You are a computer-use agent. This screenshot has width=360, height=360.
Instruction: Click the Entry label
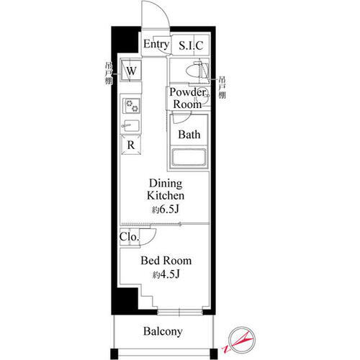coord(156,44)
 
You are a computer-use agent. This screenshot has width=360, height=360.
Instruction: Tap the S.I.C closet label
coord(191,45)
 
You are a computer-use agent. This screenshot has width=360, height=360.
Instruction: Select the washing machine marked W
coord(131,71)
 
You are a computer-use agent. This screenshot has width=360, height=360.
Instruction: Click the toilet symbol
coord(197,70)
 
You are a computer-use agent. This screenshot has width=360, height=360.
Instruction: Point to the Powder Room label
coord(187,98)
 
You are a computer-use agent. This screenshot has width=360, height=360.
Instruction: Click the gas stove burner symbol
coord(132,106)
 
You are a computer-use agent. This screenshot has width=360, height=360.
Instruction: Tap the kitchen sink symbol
coord(131,125)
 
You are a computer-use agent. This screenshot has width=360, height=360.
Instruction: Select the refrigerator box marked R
coord(131,145)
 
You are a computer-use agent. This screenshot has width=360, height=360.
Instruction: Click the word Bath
coord(189,135)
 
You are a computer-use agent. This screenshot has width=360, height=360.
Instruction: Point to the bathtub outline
coord(189,158)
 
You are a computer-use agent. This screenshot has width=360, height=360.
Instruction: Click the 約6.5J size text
coord(166,210)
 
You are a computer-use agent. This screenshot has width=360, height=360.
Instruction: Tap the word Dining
coord(166,184)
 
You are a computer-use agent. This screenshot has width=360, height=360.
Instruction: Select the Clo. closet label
coord(129,237)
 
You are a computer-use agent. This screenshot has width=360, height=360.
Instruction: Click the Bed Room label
coord(166,261)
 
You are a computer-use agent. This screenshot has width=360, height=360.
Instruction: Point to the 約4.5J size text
coord(166,274)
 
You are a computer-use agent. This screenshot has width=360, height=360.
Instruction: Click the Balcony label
coord(163,331)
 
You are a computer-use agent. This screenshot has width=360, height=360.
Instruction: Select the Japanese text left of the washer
coord(109,73)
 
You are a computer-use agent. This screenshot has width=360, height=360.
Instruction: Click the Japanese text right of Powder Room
coord(222,88)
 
